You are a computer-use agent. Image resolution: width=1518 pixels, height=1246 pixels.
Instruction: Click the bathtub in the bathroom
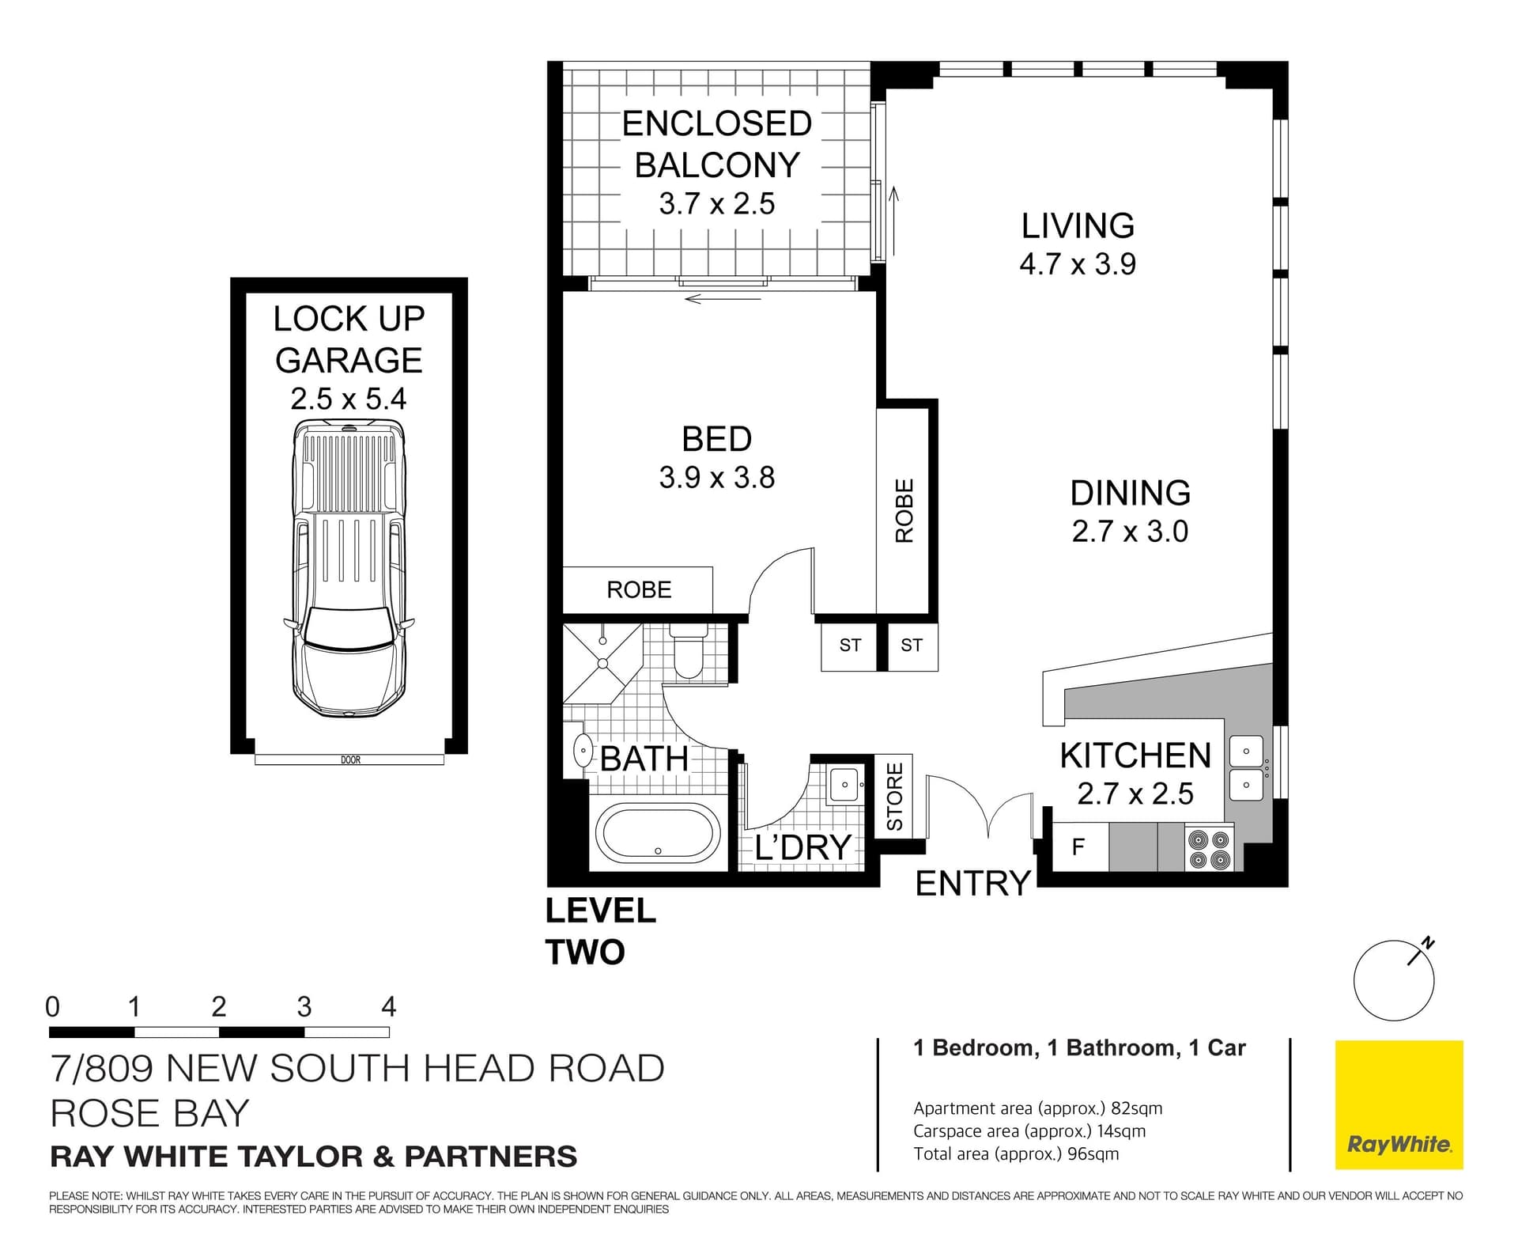coord(658,833)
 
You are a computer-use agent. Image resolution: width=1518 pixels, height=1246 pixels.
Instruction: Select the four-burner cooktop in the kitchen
coord(1210,849)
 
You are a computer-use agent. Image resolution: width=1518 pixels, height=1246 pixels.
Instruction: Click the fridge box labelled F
coord(1078,847)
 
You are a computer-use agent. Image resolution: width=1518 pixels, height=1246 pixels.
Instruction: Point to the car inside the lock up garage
coord(349,570)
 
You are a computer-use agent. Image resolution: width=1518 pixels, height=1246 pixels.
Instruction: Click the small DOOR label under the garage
coord(350,759)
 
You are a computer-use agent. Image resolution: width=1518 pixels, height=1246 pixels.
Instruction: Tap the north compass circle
coord(1393,981)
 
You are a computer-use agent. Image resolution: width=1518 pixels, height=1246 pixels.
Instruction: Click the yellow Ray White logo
coord(1399,1104)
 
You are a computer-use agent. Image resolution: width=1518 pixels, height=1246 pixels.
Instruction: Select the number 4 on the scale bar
coord(388,1007)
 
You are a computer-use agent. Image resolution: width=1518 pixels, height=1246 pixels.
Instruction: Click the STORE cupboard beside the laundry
coord(894,796)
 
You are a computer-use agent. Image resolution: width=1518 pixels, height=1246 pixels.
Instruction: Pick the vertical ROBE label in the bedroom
coord(904,510)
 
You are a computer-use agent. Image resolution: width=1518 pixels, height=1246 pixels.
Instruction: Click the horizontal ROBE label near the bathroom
coord(639,589)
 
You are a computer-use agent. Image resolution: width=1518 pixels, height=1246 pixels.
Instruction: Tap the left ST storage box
coord(850,646)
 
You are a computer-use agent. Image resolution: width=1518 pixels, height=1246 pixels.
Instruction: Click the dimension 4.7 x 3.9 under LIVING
coord(1078,264)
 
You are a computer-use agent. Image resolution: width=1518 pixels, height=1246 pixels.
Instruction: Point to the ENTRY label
coord(972,883)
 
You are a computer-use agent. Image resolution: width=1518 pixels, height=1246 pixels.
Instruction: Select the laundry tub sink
coord(845,785)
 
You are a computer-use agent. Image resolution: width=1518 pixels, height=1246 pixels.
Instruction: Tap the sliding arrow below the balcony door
coord(723,299)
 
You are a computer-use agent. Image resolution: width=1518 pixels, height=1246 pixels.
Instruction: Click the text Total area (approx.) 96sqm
coord(1016,1153)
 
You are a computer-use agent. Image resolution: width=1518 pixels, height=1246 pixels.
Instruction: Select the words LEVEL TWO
coord(600,931)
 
